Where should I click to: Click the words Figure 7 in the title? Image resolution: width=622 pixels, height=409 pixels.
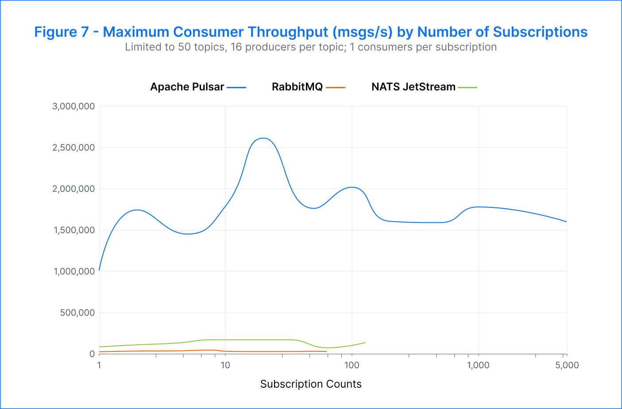(x=62, y=32)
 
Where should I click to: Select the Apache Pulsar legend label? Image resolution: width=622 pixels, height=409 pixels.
(x=187, y=87)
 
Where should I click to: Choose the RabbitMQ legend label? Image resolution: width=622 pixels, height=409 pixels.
(x=297, y=87)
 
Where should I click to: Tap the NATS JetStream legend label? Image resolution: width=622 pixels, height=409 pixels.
(x=413, y=87)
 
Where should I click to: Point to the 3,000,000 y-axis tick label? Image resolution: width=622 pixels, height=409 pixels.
(x=73, y=106)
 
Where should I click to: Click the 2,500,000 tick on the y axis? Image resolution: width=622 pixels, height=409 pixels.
(x=73, y=148)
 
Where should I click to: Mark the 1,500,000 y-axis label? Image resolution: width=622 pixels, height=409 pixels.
(x=73, y=230)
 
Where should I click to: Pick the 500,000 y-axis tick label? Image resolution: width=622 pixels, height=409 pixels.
(x=77, y=313)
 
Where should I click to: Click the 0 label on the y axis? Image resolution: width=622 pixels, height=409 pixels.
(x=92, y=354)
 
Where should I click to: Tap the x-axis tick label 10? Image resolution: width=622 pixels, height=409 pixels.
(x=225, y=366)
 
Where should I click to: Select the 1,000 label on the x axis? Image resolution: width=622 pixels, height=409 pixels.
(x=478, y=366)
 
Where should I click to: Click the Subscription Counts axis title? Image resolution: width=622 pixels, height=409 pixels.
(x=311, y=384)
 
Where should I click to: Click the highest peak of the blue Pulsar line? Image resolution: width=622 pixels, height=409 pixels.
(x=263, y=138)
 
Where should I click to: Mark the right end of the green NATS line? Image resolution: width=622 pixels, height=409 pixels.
(x=365, y=342)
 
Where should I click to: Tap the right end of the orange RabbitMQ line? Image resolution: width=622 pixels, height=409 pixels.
(x=326, y=351)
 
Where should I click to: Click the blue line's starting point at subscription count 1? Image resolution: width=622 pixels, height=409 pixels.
(x=99, y=270)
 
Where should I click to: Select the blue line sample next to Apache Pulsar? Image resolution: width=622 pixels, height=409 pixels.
(x=236, y=88)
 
